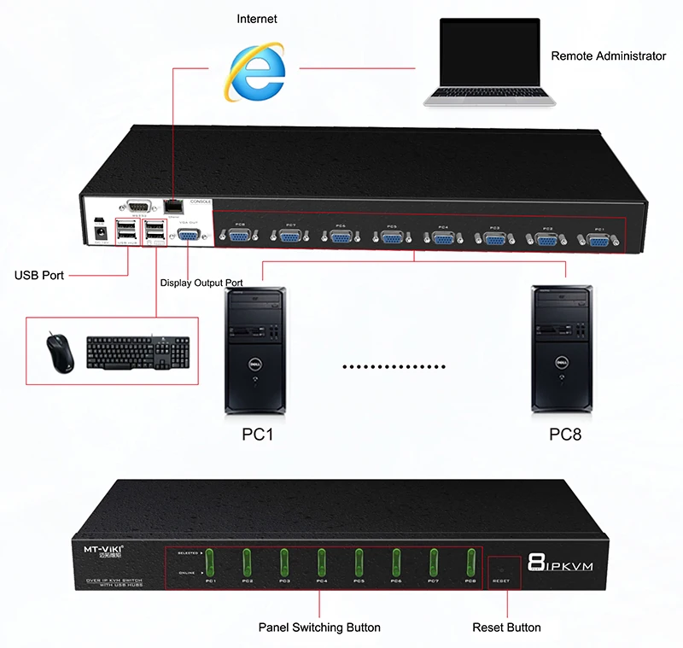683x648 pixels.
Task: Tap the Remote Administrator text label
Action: [x=608, y=55]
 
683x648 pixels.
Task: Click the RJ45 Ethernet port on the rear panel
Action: [x=173, y=207]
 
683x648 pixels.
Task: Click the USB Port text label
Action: [x=39, y=275]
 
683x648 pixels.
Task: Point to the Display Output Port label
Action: [x=201, y=283]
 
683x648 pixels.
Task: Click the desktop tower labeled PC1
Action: [x=255, y=350]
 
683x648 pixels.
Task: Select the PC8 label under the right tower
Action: [x=565, y=435]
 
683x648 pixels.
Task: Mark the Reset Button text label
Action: [x=506, y=628]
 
